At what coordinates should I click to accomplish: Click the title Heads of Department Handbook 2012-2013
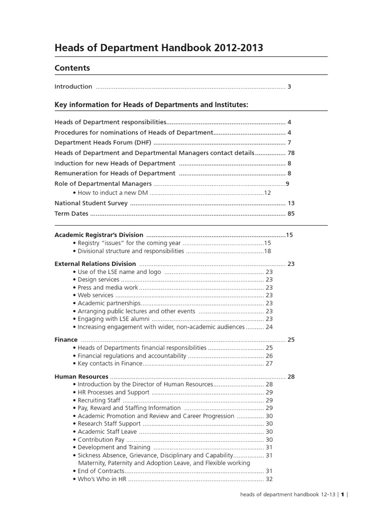click(x=159, y=48)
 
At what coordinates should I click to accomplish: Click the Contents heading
click(x=72, y=68)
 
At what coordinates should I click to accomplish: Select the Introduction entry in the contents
click(x=73, y=87)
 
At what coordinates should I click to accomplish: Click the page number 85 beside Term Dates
click(x=291, y=214)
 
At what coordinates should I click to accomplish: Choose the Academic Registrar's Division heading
click(x=98, y=235)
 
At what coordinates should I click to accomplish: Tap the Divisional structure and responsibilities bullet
click(x=130, y=252)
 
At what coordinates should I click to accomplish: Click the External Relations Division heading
click(x=95, y=264)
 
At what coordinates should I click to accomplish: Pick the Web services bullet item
click(x=95, y=295)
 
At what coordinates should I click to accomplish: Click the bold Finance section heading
click(x=66, y=340)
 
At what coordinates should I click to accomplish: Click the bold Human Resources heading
click(x=81, y=377)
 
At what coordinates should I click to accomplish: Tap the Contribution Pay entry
click(x=100, y=440)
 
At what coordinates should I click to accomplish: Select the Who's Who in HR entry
click(x=102, y=479)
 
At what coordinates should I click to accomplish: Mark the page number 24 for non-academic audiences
click(x=269, y=327)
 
